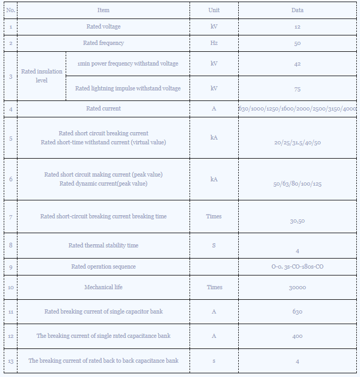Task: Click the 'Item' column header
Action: coord(104,10)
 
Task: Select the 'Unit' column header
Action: coord(214,10)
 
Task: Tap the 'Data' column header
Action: coord(298,10)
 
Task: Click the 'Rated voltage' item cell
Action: coord(104,26)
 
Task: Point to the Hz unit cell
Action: coord(214,43)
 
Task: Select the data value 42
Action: coord(298,64)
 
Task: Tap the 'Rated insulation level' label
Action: coord(42,76)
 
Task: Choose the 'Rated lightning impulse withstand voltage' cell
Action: coord(128,88)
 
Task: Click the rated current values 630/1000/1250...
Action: coord(298,108)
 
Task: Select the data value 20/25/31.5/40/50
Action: coord(298,143)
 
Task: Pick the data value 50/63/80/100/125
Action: coord(298,184)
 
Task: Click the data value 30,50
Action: coord(298,221)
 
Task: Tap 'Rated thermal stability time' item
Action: coord(104,245)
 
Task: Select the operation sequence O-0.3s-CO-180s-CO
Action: coord(298,266)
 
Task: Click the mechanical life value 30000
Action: coord(298,287)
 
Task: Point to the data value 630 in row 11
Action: coord(298,311)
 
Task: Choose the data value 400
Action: coord(298,336)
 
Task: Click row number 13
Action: coord(11,361)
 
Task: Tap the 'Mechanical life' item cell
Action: coord(104,287)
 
